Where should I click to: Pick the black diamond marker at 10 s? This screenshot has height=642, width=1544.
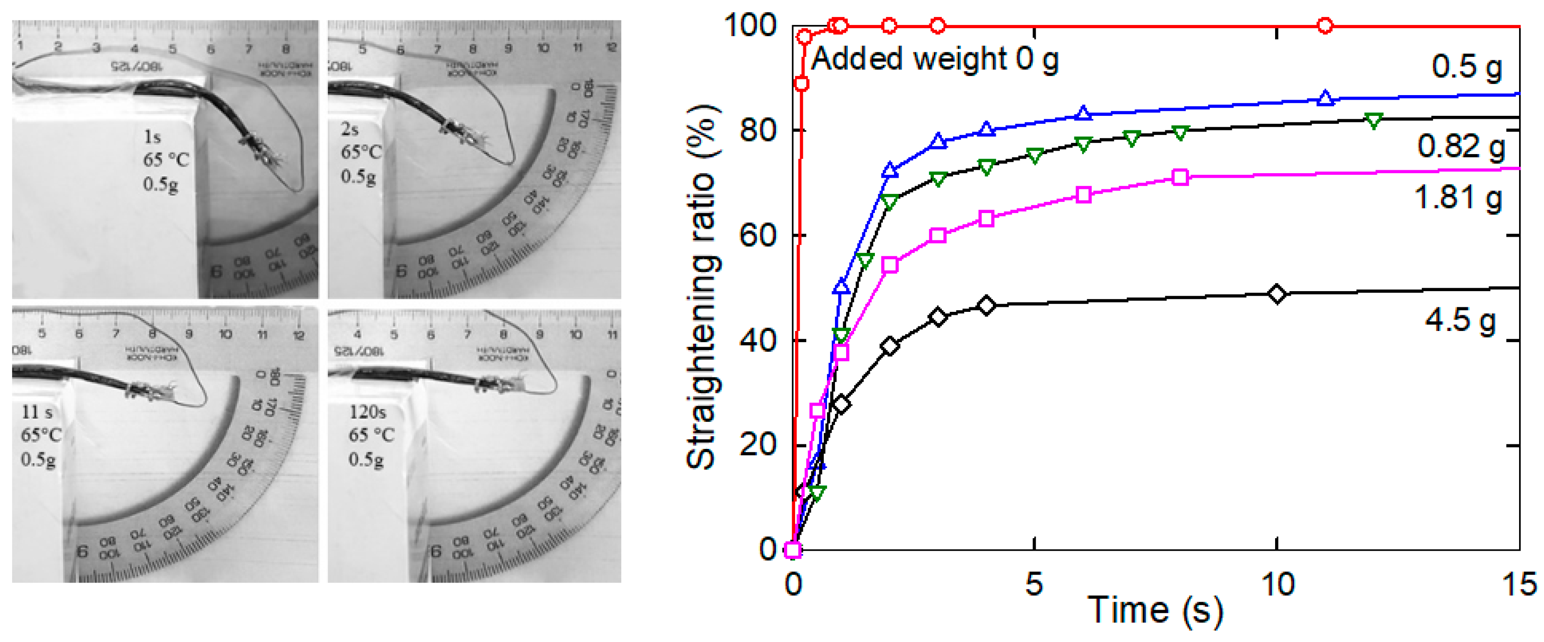point(1277,294)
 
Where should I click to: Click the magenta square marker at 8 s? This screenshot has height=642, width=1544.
point(1180,177)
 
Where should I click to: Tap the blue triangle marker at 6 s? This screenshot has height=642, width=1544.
point(1083,113)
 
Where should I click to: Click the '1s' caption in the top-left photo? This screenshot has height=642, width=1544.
point(152,137)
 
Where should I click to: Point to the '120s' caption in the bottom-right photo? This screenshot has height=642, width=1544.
point(367,412)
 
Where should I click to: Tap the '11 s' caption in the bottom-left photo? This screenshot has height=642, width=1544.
point(37,412)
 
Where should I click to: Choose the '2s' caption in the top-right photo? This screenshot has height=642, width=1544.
point(350,129)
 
